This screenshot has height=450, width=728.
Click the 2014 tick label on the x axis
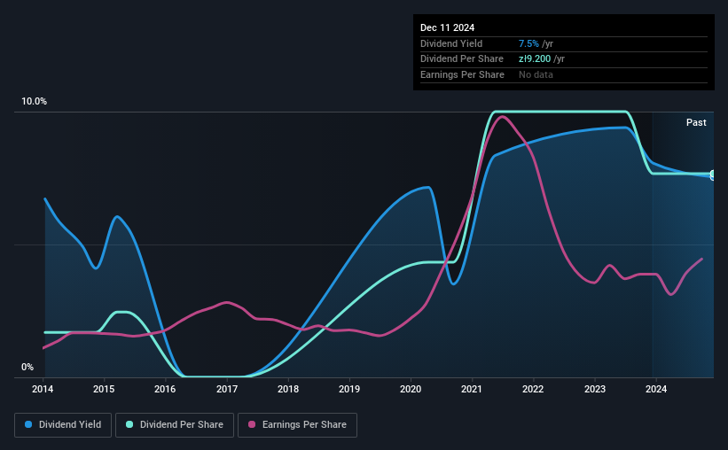pyautogui.click(x=43, y=389)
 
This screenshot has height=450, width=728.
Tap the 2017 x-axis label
pyautogui.click(x=227, y=389)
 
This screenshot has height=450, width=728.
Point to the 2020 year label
pyautogui.click(x=411, y=389)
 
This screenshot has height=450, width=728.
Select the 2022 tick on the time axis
pyautogui.click(x=533, y=389)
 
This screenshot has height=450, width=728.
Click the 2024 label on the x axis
pyautogui.click(x=656, y=389)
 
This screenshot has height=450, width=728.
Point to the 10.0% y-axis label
pyautogui.click(x=34, y=101)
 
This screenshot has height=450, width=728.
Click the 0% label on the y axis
pyautogui.click(x=27, y=367)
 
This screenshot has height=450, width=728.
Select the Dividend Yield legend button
pyautogui.click(x=63, y=425)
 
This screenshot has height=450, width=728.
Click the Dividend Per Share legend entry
pyautogui.click(x=175, y=425)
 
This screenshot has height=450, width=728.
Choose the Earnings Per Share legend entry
pyautogui.click(x=297, y=425)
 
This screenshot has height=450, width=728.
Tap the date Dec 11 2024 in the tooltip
pyautogui.click(x=447, y=27)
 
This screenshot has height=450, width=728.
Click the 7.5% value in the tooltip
pyautogui.click(x=528, y=43)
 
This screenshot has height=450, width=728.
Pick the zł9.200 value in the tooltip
pyautogui.click(x=535, y=59)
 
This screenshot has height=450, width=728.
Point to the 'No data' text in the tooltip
pyautogui.click(x=536, y=74)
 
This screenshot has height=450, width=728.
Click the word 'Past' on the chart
pyautogui.click(x=696, y=122)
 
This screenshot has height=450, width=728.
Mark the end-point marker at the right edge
pyautogui.click(x=713, y=175)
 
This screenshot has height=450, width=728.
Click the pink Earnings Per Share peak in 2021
pyautogui.click(x=502, y=116)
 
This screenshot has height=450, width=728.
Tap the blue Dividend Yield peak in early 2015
pyautogui.click(x=116, y=217)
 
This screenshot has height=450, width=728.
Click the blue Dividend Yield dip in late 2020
pyautogui.click(x=454, y=283)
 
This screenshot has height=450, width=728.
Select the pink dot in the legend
pyautogui.click(x=252, y=424)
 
